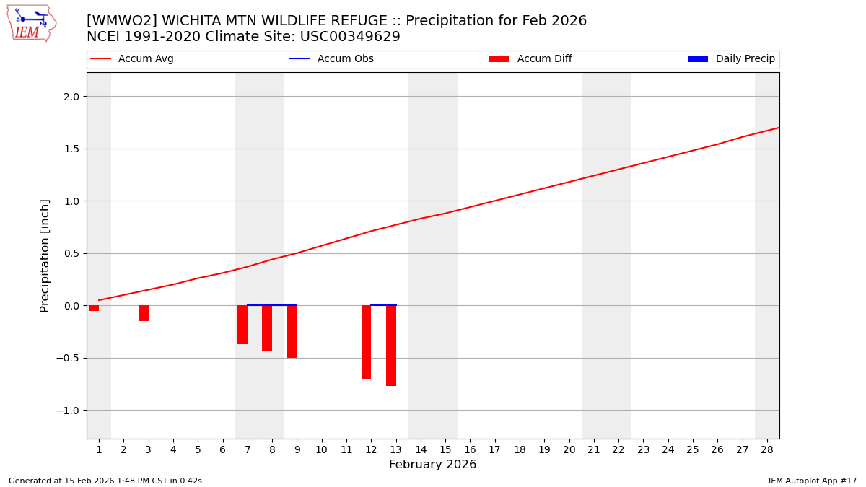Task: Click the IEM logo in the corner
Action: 31,23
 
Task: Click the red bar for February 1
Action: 94,308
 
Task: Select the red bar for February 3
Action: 144,313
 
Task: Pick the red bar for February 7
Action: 242,325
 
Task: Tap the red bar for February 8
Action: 267,328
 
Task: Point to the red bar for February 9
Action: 292,332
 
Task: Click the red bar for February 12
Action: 366,342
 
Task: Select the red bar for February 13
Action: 391,346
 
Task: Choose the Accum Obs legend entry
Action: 345,59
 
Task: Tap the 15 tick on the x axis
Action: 445,449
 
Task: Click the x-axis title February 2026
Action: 432,465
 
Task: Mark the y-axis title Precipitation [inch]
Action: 45,255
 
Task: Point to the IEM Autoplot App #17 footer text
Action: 812,481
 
